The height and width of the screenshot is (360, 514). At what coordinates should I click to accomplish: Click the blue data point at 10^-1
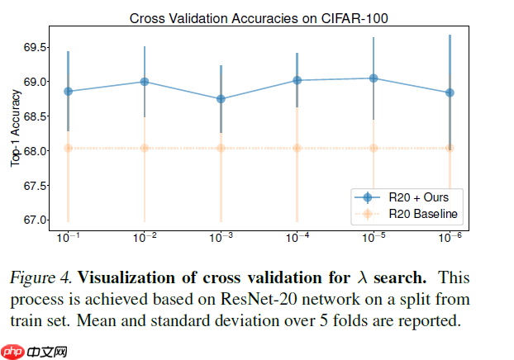[x=68, y=91]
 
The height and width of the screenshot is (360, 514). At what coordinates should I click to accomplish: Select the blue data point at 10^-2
[x=145, y=82]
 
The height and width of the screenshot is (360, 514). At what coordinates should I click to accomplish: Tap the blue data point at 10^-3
[x=221, y=99]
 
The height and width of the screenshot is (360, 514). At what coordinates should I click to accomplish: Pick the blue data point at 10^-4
[x=297, y=80]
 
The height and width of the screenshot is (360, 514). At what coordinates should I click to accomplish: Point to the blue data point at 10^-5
[x=374, y=78]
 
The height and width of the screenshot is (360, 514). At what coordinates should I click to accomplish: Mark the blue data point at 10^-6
[x=450, y=92]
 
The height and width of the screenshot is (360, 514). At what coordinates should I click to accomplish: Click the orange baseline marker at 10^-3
[x=221, y=149]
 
